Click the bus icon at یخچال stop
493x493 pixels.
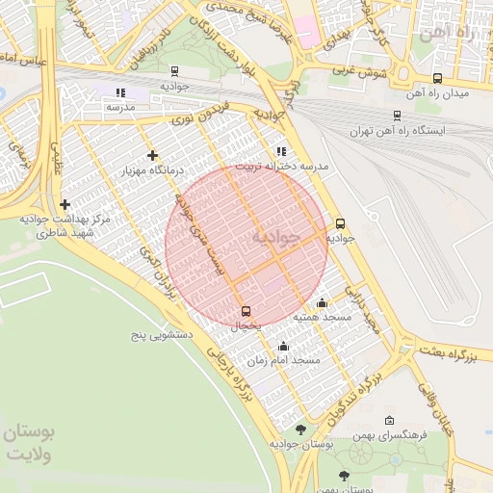[x=246, y=311]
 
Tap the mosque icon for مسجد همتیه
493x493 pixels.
[x=322, y=302]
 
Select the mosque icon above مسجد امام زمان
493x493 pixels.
[x=283, y=347]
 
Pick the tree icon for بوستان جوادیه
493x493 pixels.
[x=300, y=429]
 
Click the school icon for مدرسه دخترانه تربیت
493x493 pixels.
[x=280, y=151]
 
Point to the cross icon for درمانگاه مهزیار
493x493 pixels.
[x=152, y=155]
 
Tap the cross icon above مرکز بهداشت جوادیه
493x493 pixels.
[x=65, y=204]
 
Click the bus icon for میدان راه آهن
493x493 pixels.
[x=438, y=79]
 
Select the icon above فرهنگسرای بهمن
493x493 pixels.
[x=389, y=421]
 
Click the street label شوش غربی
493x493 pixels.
[x=359, y=70]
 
